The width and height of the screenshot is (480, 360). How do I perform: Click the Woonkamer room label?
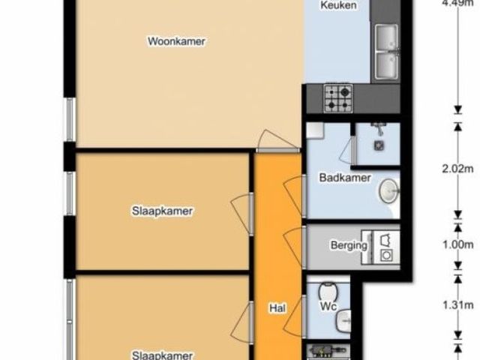click(176, 41)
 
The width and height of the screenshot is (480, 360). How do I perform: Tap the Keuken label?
click(338, 5)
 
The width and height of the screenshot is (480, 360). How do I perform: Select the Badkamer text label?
click(345, 178)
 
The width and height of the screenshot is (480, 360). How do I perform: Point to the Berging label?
click(349, 245)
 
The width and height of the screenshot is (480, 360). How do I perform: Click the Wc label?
click(328, 306)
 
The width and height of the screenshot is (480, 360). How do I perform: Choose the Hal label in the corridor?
click(278, 308)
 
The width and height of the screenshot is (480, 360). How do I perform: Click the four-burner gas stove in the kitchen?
click(338, 98)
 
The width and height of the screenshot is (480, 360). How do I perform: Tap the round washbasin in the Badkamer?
click(389, 191)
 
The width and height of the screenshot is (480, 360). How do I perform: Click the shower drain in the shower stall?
click(379, 145)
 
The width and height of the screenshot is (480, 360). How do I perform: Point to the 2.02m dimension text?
click(457, 169)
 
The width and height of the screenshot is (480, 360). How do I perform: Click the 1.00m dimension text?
click(457, 245)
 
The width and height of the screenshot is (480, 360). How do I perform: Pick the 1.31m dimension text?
click(457, 305)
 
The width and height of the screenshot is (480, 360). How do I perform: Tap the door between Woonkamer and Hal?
click(277, 142)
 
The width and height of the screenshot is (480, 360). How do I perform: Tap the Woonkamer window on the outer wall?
click(70, 120)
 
